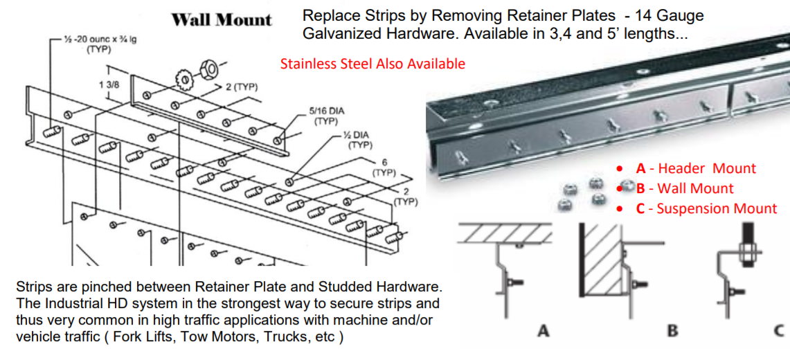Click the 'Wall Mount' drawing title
click(222, 19)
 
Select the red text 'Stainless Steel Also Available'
click(372, 64)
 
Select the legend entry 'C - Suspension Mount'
click(706, 208)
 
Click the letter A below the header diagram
click(544, 331)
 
